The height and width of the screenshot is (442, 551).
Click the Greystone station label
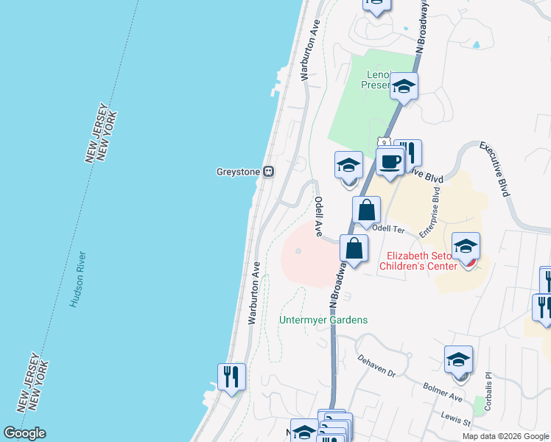click(x=237, y=172)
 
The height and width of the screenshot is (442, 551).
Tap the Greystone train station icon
click(x=269, y=172)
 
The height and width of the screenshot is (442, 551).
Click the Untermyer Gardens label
click(x=323, y=320)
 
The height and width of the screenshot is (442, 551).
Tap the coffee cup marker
click(x=390, y=161)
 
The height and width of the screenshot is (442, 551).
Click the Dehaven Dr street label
click(x=376, y=364)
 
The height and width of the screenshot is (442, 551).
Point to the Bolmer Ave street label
click(x=443, y=392)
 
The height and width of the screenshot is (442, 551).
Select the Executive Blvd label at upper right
click(x=495, y=169)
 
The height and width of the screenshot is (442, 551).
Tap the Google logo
click(x=24, y=433)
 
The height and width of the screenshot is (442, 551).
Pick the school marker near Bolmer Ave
click(x=458, y=360)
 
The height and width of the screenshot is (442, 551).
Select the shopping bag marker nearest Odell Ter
click(x=366, y=211)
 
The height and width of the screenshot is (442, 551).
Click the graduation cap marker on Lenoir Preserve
click(x=404, y=87)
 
